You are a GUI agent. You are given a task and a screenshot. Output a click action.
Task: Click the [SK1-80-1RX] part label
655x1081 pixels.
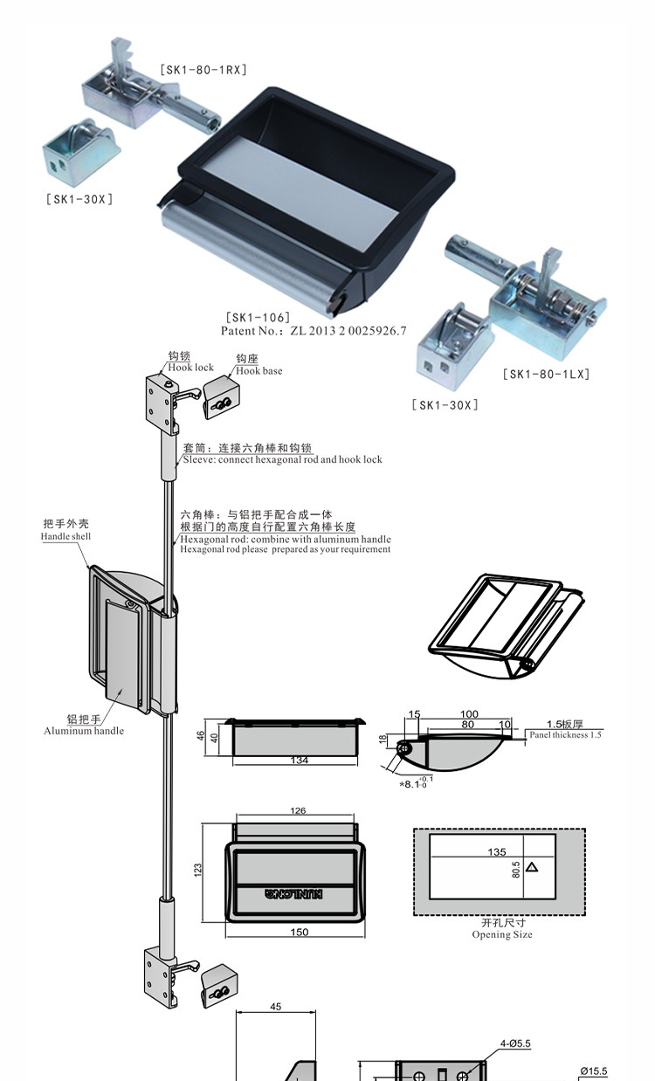pyautogui.click(x=203, y=69)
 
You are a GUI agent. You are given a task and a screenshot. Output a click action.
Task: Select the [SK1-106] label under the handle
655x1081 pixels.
pyautogui.click(x=258, y=317)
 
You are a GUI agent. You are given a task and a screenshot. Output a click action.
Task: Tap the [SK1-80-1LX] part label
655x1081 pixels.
pyautogui.click(x=547, y=374)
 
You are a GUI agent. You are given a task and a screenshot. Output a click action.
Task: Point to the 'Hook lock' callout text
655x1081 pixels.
pyautogui.click(x=190, y=368)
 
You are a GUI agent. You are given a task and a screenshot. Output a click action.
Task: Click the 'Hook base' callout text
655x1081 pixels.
pyautogui.click(x=259, y=370)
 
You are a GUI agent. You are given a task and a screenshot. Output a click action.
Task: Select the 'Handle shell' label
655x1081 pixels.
pyautogui.click(x=65, y=536)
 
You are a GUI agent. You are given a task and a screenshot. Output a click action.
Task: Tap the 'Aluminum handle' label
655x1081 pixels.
pyautogui.click(x=84, y=731)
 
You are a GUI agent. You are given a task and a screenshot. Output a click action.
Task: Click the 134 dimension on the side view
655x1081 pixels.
pyautogui.click(x=299, y=761)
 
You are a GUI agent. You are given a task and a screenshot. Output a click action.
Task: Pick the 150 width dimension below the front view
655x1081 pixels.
pyautogui.click(x=299, y=932)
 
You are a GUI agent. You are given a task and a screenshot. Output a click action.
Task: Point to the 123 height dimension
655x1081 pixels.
pyautogui.click(x=198, y=870)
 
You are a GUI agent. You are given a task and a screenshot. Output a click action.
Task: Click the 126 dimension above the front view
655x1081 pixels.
pyautogui.click(x=298, y=811)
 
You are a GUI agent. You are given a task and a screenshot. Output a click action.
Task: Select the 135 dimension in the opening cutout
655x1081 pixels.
pyautogui.click(x=497, y=851)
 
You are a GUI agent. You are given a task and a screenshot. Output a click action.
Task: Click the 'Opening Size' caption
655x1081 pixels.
pyautogui.click(x=502, y=934)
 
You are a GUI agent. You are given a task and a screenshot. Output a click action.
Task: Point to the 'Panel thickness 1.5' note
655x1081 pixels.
pyautogui.click(x=565, y=735)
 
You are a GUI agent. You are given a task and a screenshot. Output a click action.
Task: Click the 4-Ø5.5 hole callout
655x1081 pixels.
pyautogui.click(x=515, y=1043)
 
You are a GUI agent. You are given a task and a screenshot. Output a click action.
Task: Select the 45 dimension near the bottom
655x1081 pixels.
pyautogui.click(x=276, y=1007)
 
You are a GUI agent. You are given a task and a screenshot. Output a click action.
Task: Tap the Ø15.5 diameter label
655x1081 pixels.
pyautogui.click(x=593, y=1071)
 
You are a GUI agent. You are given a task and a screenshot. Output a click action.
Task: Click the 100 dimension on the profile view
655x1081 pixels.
pyautogui.click(x=469, y=714)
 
